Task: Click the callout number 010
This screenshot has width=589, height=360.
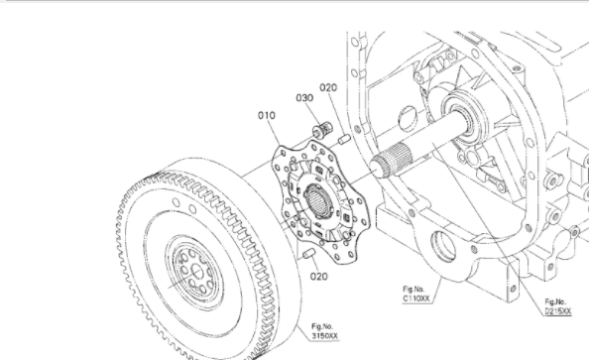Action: click(x=267, y=115)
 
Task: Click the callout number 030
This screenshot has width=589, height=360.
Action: click(x=304, y=98)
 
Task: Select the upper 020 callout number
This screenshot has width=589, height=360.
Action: click(x=328, y=87)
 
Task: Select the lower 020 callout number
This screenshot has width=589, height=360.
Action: click(x=319, y=277)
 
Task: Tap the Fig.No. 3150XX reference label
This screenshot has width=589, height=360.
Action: click(x=324, y=331)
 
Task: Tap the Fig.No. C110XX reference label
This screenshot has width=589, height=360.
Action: click(x=415, y=294)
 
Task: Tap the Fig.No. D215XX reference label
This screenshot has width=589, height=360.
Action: click(x=558, y=306)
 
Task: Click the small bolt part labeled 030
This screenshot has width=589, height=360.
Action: click(x=322, y=130)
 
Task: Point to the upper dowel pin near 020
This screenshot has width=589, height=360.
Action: click(x=344, y=140)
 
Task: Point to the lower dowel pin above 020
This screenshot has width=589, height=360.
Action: click(x=309, y=253)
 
